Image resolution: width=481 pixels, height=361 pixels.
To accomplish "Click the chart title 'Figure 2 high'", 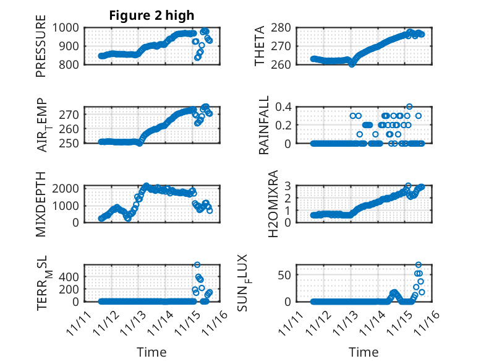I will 151,15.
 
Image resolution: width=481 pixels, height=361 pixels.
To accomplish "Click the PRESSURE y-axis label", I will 41,50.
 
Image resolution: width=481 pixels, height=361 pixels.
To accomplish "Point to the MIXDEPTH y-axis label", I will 41,203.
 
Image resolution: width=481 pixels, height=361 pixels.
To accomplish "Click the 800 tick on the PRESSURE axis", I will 72,64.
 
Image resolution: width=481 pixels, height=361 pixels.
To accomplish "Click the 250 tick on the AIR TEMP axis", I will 72,143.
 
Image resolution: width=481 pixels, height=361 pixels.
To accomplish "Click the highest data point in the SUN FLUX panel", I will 419,265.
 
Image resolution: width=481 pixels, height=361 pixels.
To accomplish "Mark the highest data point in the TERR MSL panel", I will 197,265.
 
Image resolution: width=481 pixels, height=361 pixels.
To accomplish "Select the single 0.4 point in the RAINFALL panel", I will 409,107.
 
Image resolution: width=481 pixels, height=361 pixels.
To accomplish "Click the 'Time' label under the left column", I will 151,352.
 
